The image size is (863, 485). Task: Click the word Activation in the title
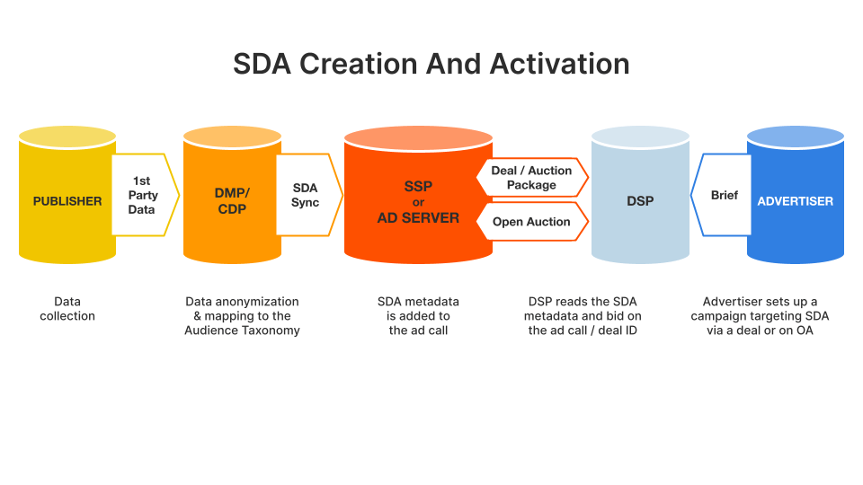pyautogui.click(x=559, y=64)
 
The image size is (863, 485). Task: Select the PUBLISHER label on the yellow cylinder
pyautogui.click(x=67, y=201)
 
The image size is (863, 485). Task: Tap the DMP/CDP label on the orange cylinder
pyautogui.click(x=232, y=201)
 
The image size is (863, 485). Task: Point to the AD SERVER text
pyautogui.click(x=418, y=217)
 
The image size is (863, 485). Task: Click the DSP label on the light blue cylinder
pyautogui.click(x=640, y=201)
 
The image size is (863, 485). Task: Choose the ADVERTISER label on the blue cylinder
pyautogui.click(x=796, y=201)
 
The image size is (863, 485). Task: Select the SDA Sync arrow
pyautogui.click(x=309, y=195)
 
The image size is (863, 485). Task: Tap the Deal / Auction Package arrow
pyautogui.click(x=532, y=178)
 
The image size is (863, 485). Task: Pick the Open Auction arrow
pyautogui.click(x=532, y=222)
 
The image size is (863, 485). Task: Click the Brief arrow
pyautogui.click(x=721, y=195)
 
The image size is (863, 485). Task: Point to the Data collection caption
pyautogui.click(x=67, y=308)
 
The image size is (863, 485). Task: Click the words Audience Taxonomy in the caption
pyautogui.click(x=242, y=331)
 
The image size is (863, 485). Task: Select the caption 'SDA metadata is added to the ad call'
pyautogui.click(x=418, y=316)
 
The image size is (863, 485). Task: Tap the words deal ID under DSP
pyautogui.click(x=618, y=331)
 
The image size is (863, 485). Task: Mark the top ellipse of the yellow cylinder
pyautogui.click(x=67, y=137)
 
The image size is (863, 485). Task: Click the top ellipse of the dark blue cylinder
pyautogui.click(x=796, y=137)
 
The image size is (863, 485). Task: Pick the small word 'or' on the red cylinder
pyautogui.click(x=418, y=202)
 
